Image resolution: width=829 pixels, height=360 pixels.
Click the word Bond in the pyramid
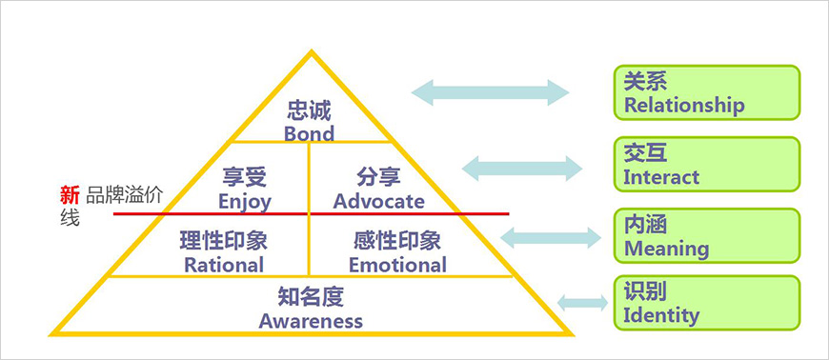pos(309,133)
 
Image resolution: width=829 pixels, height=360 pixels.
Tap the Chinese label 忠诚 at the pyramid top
pos(309,110)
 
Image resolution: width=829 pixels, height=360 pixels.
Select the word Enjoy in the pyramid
pos(245,201)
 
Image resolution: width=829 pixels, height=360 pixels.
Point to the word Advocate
pos(378,201)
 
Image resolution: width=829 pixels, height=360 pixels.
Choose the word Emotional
pos(397,264)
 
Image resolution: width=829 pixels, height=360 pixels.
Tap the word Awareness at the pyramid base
pos(311,321)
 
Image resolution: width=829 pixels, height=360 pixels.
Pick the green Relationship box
pos(706,92)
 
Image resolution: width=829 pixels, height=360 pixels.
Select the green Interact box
pos(706,165)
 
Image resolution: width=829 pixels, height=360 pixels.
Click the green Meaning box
pos(706,236)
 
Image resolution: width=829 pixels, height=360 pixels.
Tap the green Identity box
pos(706,303)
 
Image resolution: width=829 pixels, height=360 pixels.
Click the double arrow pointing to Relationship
pos(490,92)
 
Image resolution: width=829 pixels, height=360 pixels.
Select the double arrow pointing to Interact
pos(522,169)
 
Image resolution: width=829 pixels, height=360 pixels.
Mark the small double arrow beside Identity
pos(582,304)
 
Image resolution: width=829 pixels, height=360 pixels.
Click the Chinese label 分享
pos(378,178)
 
